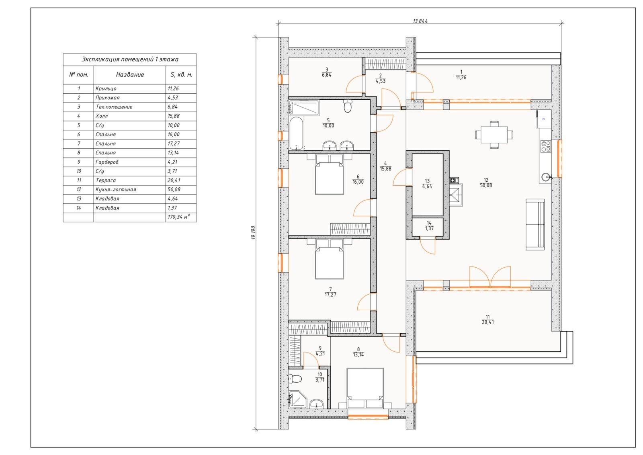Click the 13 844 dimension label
pos(420,21)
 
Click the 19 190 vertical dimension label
pos(253,233)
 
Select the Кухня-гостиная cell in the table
pos(116,189)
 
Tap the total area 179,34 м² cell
pos(179,217)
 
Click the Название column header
pos(130,75)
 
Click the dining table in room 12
pos(494,135)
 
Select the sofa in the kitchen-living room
pos(535,225)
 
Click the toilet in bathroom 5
pos(348,106)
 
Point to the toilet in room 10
pos(295,379)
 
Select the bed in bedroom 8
pos(365,388)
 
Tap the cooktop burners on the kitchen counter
pos(546,146)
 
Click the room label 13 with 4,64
pos(427,184)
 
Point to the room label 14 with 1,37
pos(429,225)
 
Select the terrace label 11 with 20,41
pos(488,320)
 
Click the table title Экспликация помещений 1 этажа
pos(130,59)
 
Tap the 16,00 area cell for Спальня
pos(174,134)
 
